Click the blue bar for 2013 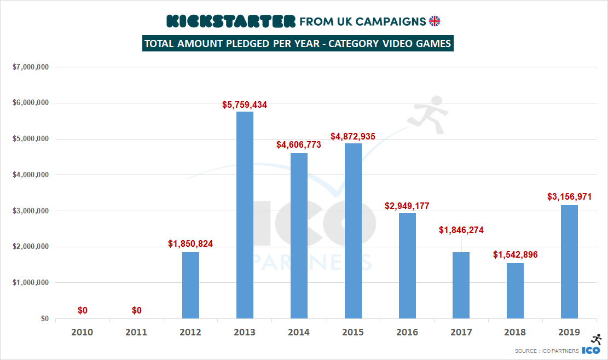(245, 215)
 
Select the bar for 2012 (190, 285)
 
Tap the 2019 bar (569, 262)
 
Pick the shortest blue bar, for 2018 (515, 291)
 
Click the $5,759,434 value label (245, 104)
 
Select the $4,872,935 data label (353, 136)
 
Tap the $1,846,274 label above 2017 (461, 230)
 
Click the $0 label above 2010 (82, 311)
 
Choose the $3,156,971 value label (570, 197)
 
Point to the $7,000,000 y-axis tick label (31, 67)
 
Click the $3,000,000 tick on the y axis (31, 211)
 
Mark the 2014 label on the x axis (299, 332)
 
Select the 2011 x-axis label (136, 332)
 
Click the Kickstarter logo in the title (230, 21)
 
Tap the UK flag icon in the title (435, 21)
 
